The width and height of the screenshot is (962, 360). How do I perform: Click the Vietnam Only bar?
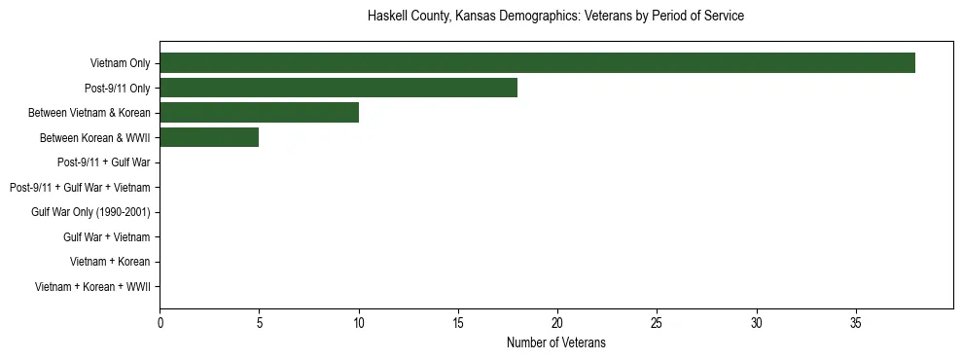pyautogui.click(x=537, y=63)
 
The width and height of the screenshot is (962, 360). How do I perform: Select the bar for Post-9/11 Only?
pyautogui.click(x=338, y=88)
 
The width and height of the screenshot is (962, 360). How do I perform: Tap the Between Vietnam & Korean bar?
pyautogui.click(x=259, y=112)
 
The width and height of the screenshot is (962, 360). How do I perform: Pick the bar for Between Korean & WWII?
pyautogui.click(x=209, y=137)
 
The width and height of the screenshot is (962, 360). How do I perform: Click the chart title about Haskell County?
pyautogui.click(x=555, y=17)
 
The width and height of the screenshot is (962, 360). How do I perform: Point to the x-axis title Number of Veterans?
pyautogui.click(x=555, y=342)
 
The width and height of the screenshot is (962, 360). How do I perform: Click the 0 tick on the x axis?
pyautogui.click(x=160, y=323)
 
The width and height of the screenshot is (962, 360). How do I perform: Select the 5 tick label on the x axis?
pyautogui.click(x=259, y=323)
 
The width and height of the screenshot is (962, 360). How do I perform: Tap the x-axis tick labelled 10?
pyautogui.click(x=359, y=323)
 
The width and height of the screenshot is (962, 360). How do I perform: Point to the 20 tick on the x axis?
pyautogui.click(x=557, y=323)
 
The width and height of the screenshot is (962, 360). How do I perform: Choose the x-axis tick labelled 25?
pyautogui.click(x=657, y=323)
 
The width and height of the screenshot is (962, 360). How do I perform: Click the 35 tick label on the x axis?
pyautogui.click(x=856, y=323)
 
